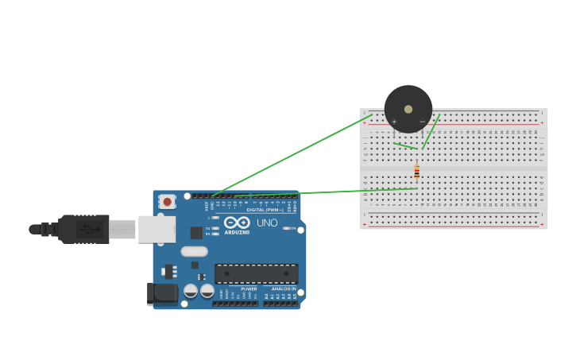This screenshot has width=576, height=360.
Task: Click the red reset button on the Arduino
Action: [x=167, y=202]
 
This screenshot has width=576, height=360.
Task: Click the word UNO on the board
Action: [x=267, y=223]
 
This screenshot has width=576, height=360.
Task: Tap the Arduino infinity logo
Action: [x=236, y=223]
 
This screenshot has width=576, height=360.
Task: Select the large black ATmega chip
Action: [x=256, y=273]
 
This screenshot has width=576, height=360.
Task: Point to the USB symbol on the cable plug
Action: [x=89, y=229]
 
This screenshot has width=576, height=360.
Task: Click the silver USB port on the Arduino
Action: [x=157, y=229]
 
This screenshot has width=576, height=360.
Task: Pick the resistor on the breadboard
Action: [x=416, y=172]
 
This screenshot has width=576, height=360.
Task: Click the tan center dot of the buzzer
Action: [x=408, y=109]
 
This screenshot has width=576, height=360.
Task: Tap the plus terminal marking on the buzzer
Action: [x=394, y=122]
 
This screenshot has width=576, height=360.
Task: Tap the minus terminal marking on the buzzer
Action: [x=422, y=122]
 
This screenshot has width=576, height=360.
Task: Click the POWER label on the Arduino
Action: [x=249, y=288]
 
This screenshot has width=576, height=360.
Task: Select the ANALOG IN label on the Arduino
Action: [x=283, y=288]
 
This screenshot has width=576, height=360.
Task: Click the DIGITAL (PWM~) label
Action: [x=265, y=210]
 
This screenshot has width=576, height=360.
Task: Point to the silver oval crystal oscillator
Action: [x=194, y=252]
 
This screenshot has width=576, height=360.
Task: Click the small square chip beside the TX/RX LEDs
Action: [x=196, y=233]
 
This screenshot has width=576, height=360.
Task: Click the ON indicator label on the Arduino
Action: [x=292, y=229]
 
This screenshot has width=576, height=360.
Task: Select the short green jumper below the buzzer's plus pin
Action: [x=405, y=145]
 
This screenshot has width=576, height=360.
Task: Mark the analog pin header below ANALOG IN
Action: [x=280, y=303]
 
